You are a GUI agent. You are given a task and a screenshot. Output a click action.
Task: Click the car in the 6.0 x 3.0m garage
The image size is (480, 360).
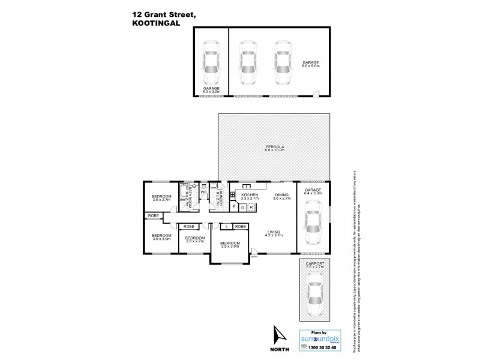(x=211, y=63)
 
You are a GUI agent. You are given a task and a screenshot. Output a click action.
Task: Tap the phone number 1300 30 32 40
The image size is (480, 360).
(x=319, y=348)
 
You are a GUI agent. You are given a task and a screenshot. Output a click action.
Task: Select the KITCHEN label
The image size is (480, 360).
(x=250, y=195)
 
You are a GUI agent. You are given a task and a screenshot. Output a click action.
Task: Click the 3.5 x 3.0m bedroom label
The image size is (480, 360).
(x=230, y=244)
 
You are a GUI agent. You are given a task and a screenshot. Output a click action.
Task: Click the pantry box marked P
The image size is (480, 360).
(x=234, y=207)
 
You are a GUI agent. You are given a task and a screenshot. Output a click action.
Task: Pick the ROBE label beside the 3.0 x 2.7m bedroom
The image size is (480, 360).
(x=152, y=216)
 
